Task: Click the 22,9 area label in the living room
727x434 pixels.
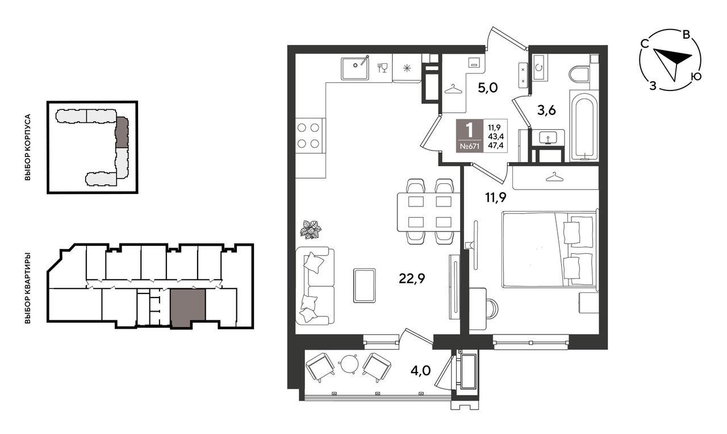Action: click(x=412, y=278)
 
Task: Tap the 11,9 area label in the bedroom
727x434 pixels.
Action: click(x=495, y=197)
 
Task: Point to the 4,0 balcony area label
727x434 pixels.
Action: click(x=421, y=371)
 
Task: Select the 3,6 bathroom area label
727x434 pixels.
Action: click(x=546, y=110)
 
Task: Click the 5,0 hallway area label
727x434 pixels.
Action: click(x=488, y=88)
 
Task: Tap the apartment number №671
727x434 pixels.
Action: click(x=469, y=146)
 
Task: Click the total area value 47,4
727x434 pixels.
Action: click(x=496, y=145)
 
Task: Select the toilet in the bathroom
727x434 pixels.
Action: click(x=579, y=73)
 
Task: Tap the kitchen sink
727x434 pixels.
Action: click(x=355, y=69)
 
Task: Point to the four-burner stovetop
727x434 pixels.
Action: click(x=308, y=136)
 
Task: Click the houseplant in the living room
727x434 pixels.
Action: click(x=311, y=230)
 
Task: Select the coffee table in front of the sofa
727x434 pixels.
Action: click(x=364, y=286)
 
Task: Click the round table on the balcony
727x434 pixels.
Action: click(x=348, y=363)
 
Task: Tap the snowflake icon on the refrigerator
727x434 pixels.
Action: click(x=407, y=68)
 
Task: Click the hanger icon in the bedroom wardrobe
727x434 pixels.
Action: click(x=555, y=177)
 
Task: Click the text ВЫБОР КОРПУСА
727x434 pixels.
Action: click(x=28, y=147)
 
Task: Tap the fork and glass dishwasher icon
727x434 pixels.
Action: click(x=382, y=68)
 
